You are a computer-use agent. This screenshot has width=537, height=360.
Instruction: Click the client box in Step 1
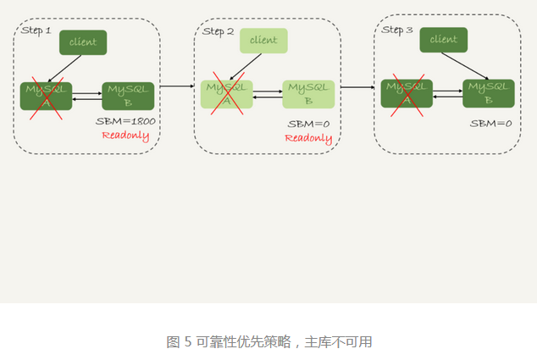(83, 42)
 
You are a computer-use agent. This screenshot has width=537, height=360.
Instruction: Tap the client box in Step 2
(263, 41)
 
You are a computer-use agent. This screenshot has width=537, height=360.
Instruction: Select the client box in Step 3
(443, 39)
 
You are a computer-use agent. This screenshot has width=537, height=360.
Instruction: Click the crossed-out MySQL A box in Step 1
(47, 96)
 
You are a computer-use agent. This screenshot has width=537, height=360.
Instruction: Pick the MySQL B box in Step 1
(128, 96)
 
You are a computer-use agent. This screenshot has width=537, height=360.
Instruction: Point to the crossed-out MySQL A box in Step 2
(227, 94)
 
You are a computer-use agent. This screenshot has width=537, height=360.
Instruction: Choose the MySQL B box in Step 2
(308, 94)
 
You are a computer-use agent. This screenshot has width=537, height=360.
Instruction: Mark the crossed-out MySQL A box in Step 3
(407, 93)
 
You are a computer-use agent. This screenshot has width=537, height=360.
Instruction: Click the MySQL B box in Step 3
(489, 93)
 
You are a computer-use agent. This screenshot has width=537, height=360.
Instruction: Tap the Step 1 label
(36, 30)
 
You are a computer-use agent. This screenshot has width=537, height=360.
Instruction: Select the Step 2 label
(218, 31)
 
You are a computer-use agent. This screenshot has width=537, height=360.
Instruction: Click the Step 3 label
(397, 30)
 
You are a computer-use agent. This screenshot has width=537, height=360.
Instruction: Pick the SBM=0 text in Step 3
(491, 124)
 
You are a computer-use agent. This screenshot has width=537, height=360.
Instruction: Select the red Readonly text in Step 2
(308, 138)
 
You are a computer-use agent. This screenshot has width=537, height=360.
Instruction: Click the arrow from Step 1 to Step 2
(176, 86)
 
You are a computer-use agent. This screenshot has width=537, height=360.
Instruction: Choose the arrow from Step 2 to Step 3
(357, 86)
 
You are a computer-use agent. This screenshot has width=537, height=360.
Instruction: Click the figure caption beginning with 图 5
(268, 342)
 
